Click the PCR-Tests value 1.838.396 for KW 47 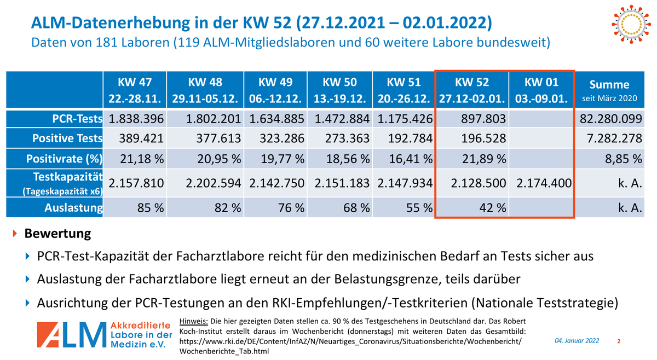pos(136,119)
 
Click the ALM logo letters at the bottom pos(72,335)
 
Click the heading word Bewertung pos(57,234)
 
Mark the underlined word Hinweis pos(194,321)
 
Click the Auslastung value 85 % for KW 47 pos(149,207)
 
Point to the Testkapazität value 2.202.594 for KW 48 pos(214,183)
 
